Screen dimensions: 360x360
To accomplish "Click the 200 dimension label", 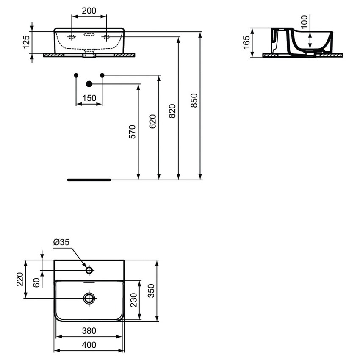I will (x=89, y=11).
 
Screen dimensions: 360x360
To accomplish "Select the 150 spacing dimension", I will (x=89, y=98).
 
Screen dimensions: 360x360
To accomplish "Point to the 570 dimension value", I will (x=132, y=132).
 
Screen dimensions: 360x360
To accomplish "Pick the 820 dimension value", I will (x=172, y=111).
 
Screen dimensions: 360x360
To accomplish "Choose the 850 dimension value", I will (x=194, y=100).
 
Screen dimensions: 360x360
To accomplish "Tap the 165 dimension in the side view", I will (x=247, y=42).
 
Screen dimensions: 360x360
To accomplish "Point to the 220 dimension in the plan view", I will (x=20, y=279).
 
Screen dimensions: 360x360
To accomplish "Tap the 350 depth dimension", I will (x=151, y=291).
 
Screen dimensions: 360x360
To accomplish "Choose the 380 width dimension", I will (x=89, y=331).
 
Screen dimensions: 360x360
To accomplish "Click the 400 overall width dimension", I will (x=89, y=345).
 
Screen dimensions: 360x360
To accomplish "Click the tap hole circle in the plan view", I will (x=89, y=270).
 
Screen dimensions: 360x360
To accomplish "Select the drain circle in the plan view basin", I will (x=89, y=298).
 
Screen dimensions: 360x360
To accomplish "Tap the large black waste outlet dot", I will (x=89, y=84).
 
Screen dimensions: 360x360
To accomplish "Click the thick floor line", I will (x=89, y=180).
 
